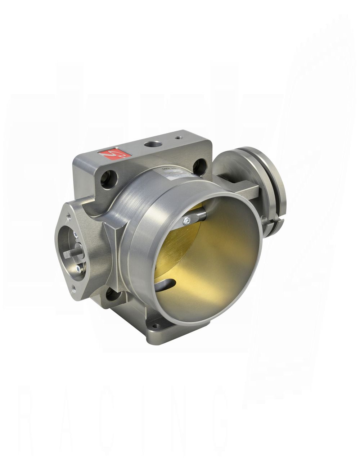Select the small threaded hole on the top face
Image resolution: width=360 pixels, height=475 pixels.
coord(177,137)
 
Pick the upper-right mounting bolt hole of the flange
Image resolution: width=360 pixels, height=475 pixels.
coord(198,166)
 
